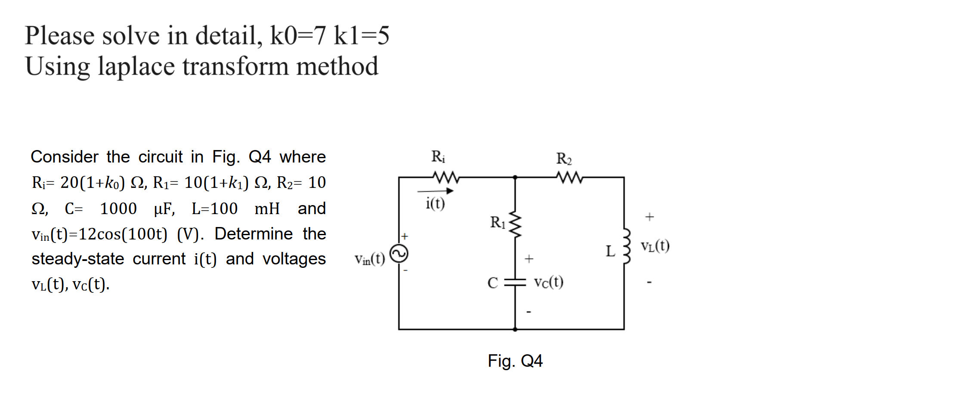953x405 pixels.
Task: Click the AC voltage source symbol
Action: coord(399,254)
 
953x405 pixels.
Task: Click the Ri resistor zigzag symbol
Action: coord(446,177)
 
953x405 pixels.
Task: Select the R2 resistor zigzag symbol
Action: coord(569,177)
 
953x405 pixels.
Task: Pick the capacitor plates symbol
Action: coord(515,282)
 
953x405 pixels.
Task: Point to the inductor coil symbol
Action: coord(626,246)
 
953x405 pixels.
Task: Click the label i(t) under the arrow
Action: coord(435,203)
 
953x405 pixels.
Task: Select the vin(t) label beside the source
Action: coord(369,259)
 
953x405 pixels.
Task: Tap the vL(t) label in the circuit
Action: coord(655,246)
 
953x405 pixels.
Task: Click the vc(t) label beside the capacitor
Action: coord(548,282)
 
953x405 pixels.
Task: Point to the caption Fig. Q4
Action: coord(515,361)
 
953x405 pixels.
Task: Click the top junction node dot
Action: coord(515,177)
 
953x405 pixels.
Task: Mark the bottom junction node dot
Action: coord(515,329)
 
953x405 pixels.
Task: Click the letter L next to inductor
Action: coord(610,251)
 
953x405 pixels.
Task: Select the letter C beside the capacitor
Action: coord(492,283)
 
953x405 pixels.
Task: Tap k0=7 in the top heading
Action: coord(297,36)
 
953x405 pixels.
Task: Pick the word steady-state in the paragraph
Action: coord(78,259)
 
